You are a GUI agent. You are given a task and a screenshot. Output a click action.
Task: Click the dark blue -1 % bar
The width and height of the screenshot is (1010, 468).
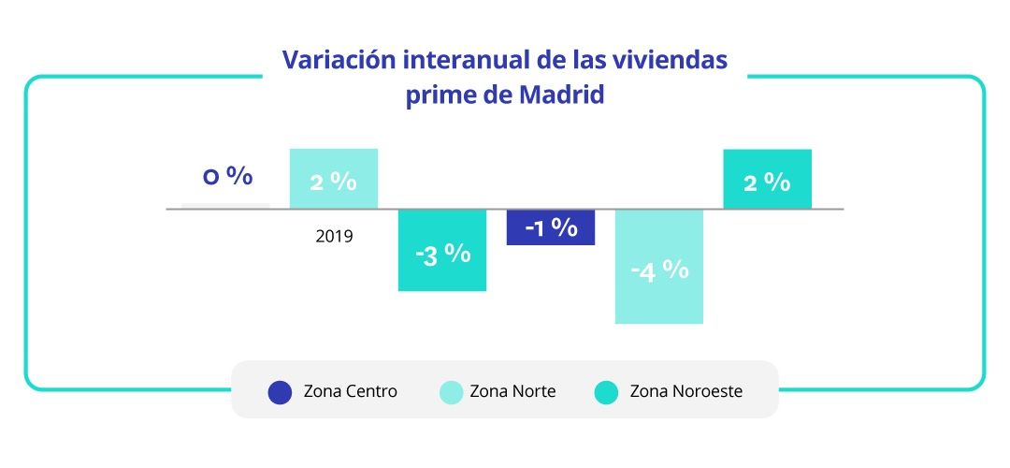pos(551,227)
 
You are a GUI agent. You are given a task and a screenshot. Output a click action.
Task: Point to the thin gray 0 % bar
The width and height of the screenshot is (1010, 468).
pos(225,205)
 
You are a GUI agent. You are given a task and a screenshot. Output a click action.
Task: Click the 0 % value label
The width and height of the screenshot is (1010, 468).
pos(228,176)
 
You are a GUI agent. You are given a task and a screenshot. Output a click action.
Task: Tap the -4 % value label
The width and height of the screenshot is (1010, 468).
pos(659,271)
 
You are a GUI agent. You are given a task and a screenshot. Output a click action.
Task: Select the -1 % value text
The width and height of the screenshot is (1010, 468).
pos(551,227)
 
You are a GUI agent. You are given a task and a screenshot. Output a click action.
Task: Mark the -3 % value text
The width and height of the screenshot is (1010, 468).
pos(442,254)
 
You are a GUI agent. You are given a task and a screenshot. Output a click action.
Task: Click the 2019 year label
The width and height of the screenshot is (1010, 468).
pos(334,236)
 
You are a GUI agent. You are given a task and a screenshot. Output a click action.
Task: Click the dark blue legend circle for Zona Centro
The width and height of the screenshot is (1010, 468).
pos(280,392)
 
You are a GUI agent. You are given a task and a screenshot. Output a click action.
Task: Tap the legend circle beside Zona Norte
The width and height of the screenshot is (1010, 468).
pos(452,392)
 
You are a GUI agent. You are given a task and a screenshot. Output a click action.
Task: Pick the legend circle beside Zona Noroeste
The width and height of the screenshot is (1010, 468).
pos(607,392)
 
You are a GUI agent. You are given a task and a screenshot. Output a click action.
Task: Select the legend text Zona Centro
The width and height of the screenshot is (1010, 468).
pos(350,392)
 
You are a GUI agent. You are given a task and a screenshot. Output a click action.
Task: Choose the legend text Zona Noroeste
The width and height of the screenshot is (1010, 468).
pos(686,392)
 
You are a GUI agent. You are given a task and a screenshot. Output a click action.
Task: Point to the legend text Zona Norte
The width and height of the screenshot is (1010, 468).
pos(512,392)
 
